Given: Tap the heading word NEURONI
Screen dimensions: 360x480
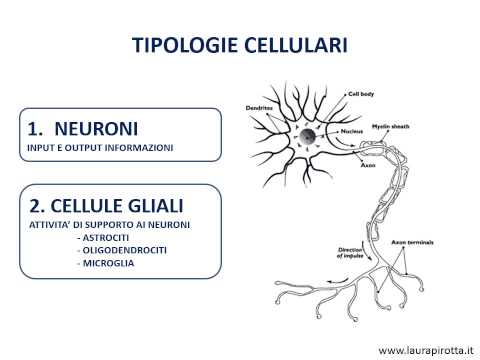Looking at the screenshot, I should (97, 128).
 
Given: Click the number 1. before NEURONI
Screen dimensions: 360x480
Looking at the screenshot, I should (38, 128).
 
